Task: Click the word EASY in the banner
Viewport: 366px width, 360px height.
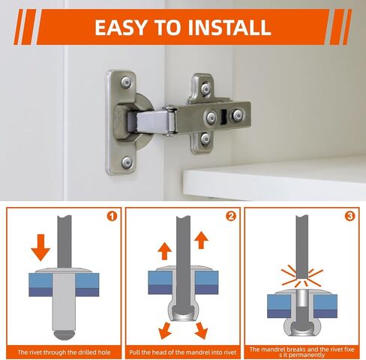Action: click(x=121, y=27)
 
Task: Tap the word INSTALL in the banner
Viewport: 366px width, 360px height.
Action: click(x=229, y=27)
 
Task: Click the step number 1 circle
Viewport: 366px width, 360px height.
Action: click(x=112, y=216)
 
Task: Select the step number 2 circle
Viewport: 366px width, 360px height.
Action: click(x=231, y=216)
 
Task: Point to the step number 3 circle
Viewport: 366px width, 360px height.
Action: click(x=349, y=216)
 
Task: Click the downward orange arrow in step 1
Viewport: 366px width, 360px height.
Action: click(x=40, y=247)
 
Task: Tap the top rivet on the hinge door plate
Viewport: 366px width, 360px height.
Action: click(x=127, y=82)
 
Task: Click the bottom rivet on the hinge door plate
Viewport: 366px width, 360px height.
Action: click(x=127, y=163)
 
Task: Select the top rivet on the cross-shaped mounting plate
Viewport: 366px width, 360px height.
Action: click(x=206, y=88)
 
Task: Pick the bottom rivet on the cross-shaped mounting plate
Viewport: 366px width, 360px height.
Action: click(x=205, y=138)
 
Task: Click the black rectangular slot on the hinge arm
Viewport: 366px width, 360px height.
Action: click(x=223, y=117)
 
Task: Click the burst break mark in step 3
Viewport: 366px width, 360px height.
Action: click(x=302, y=277)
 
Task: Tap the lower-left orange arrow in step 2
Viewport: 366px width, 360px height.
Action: click(x=165, y=331)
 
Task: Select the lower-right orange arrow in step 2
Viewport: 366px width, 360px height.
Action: click(x=202, y=331)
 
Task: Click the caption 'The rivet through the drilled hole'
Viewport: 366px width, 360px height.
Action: click(x=64, y=352)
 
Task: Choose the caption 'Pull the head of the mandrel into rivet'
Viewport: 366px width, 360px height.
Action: click(x=183, y=352)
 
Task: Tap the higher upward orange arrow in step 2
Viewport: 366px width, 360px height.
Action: click(x=202, y=240)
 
